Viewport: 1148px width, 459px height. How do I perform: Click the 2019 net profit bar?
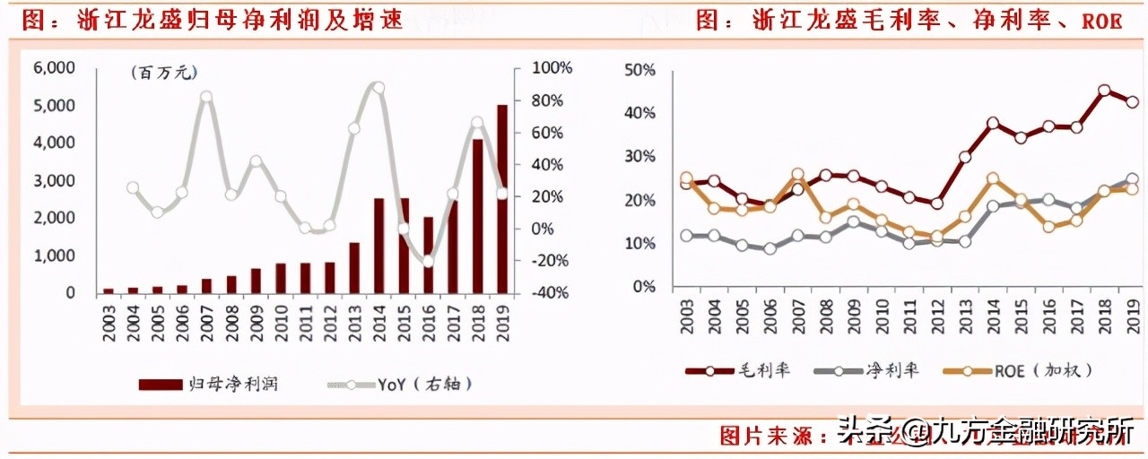tap(502, 199)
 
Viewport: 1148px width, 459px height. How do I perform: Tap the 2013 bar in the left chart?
tap(353, 267)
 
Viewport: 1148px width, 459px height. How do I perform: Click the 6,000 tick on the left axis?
tap(54, 68)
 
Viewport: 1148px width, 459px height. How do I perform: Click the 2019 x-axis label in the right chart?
tap(1133, 317)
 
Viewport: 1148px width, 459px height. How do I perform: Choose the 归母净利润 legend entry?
tap(209, 384)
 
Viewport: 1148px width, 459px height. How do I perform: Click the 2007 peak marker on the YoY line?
tap(206, 97)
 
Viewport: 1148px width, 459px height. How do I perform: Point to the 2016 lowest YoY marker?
tap(428, 262)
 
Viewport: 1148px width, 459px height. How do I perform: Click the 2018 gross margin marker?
tap(1104, 91)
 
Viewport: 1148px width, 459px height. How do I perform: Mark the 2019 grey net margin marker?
tap(1133, 179)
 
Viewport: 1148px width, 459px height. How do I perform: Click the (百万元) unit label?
tap(162, 74)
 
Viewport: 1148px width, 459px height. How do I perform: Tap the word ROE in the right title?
tap(1102, 21)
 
